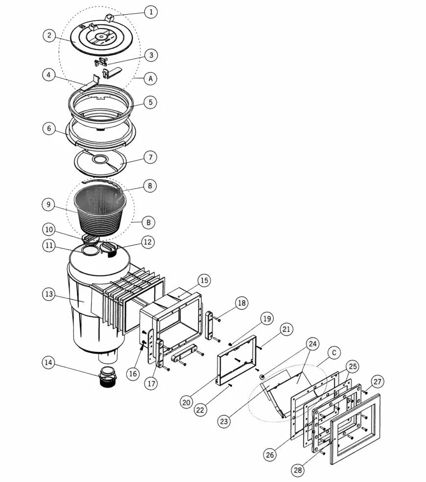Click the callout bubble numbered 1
(x=151, y=12)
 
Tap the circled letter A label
(x=150, y=78)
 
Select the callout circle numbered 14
(x=48, y=363)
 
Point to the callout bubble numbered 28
(x=297, y=470)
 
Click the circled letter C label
(x=334, y=353)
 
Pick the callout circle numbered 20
(x=187, y=402)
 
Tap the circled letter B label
(x=148, y=222)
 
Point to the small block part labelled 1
(x=110, y=18)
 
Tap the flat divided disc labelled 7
(x=101, y=163)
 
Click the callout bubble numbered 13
(x=48, y=294)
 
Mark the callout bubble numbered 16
(x=133, y=374)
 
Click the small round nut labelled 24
(x=262, y=377)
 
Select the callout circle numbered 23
(x=224, y=421)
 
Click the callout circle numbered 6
(x=49, y=128)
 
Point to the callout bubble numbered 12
(x=148, y=242)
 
